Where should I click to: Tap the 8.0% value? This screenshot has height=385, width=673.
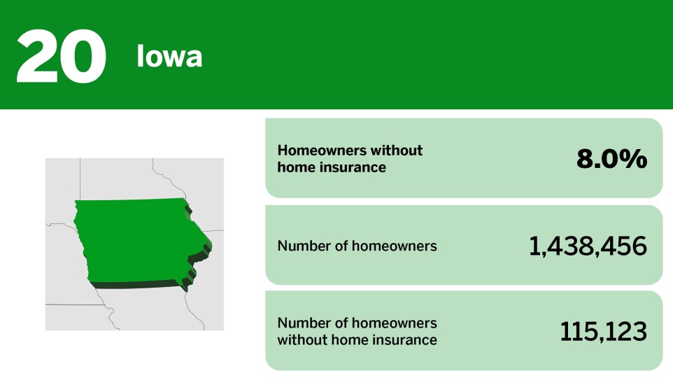coord(611,160)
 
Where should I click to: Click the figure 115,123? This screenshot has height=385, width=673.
coord(603,332)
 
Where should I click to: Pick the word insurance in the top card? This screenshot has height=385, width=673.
coord(356,167)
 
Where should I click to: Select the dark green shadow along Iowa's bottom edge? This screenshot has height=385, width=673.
coord(133,285)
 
